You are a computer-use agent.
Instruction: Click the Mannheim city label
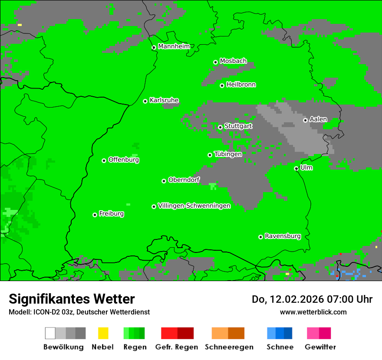[174, 46]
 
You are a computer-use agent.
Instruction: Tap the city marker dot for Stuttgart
[220, 127]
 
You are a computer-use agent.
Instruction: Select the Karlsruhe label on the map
[164, 100]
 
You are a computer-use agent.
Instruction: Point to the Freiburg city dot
[95, 215]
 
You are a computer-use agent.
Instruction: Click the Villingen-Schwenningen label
[194, 206]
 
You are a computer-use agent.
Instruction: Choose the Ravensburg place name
[283, 236]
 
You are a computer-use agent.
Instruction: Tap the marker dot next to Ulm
[296, 169]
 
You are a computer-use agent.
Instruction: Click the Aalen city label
[318, 119]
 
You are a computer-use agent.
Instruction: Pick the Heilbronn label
[241, 85]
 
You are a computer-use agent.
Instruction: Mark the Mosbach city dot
[215, 62]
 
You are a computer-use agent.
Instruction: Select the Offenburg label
[124, 160]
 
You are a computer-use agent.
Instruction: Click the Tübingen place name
[228, 154]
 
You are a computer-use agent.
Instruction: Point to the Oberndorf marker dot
[164, 181]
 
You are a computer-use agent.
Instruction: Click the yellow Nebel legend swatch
[103, 333]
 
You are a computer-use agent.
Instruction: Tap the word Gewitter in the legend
[320, 347]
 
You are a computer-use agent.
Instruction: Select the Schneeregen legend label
[229, 347]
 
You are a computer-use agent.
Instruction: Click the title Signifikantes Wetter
[72, 299]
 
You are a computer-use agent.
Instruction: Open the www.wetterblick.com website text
[313, 312]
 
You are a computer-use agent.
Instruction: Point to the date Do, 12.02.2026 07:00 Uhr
[312, 299]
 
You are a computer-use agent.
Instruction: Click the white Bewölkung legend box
[50, 333]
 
